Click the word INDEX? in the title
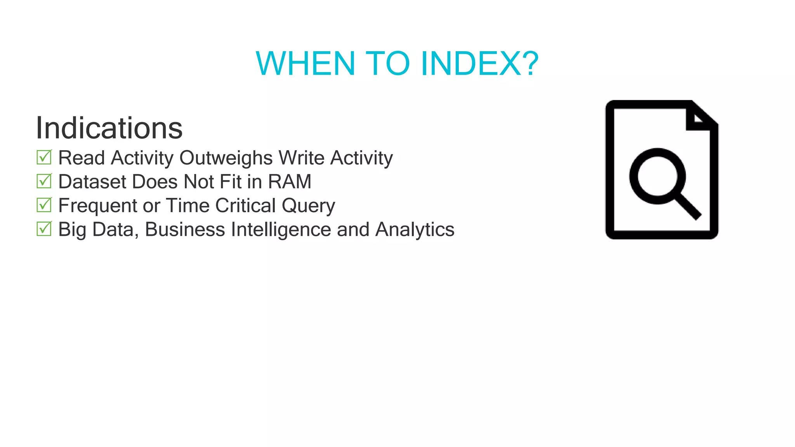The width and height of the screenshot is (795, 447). [x=480, y=64]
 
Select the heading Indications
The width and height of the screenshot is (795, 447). [x=109, y=128]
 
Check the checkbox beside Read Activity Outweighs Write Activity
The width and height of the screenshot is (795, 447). [x=44, y=157]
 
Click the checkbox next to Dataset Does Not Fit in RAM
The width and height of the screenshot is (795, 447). [x=44, y=181]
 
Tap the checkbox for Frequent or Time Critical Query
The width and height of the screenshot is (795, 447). [x=44, y=205]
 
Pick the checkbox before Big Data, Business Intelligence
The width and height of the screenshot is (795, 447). [x=44, y=229]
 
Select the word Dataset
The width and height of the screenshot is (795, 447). [x=92, y=182]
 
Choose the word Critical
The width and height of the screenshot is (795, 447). [x=245, y=206]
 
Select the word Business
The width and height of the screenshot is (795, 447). [x=185, y=229]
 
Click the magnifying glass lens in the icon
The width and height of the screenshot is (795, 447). [x=657, y=176]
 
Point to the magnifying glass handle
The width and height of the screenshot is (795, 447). [x=688, y=207]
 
